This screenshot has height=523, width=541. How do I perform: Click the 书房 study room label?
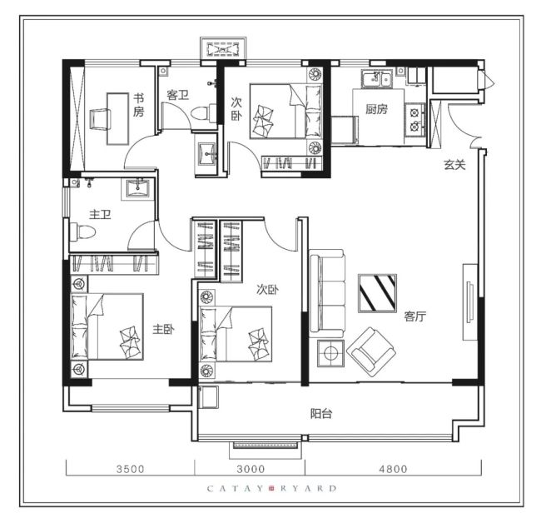tap(138, 105)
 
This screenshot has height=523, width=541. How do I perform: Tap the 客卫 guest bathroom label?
tap(177, 95)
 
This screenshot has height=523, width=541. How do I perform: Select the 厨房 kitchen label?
tap(376, 109)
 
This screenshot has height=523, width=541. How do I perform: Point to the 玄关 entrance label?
tap(454, 165)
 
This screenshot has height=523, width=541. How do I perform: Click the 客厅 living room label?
tap(415, 316)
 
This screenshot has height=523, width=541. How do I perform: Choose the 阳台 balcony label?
tap(321, 413)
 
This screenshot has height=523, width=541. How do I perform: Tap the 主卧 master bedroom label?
tap(163, 329)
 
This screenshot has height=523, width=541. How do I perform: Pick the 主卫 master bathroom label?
tap(100, 215)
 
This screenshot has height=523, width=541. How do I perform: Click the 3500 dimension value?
tap(131, 469)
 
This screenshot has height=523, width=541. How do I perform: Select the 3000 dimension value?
tap(251, 469)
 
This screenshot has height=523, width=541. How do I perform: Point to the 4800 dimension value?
tap(394, 469)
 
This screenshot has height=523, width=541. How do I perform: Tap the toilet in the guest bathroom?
tap(204, 113)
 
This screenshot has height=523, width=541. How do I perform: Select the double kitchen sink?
tap(377, 79)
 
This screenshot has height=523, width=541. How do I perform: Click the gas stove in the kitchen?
tap(414, 120)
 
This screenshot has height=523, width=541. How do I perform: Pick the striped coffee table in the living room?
tap(377, 293)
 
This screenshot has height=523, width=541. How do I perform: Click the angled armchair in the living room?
tap(371, 352)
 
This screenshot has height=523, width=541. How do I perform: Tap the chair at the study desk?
tap(100, 119)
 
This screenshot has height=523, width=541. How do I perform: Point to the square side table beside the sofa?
tap(331, 353)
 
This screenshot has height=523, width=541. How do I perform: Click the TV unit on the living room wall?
tap(470, 302)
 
